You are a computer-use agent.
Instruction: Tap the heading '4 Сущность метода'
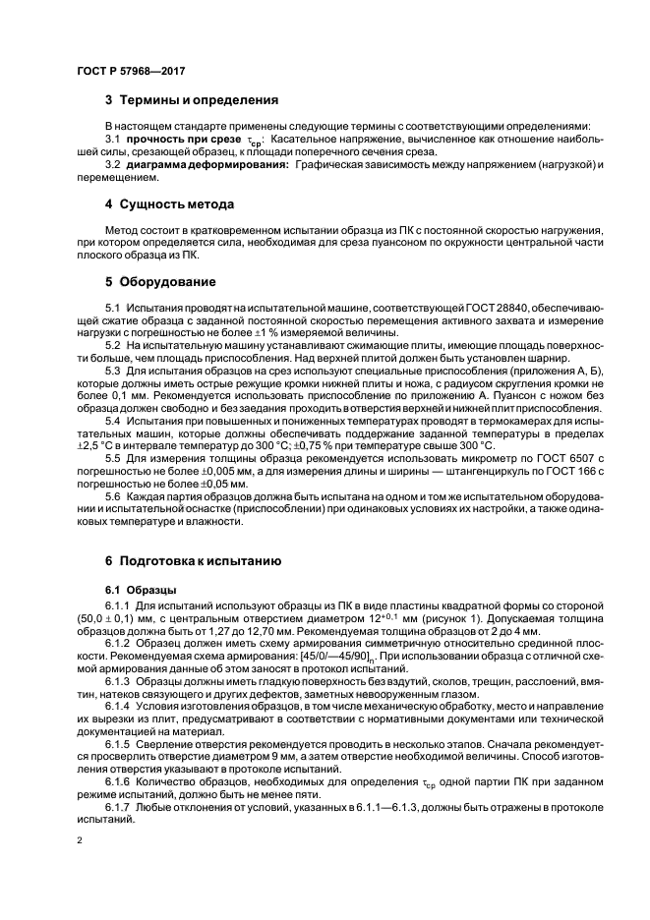click(169, 204)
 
